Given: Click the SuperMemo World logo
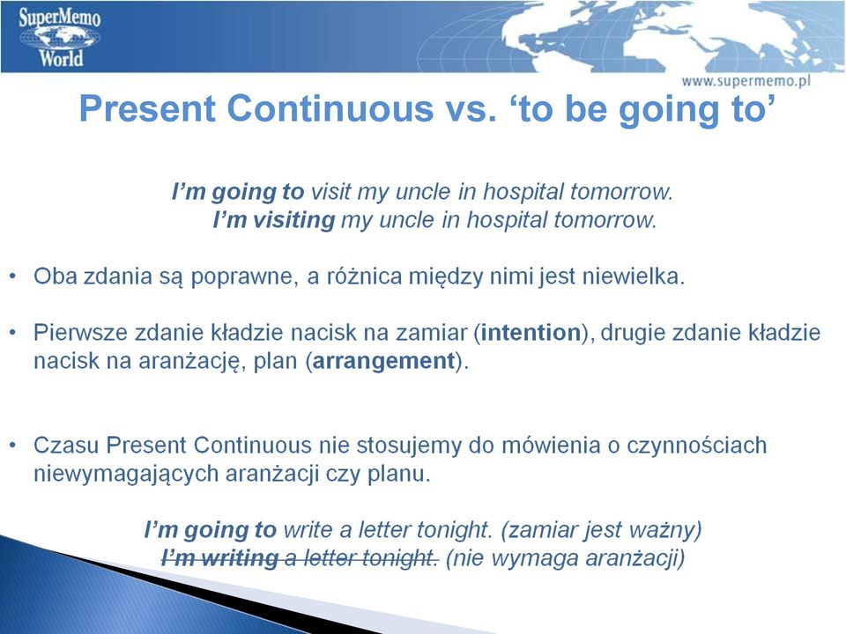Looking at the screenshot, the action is point(59,37).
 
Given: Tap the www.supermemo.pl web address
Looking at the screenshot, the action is point(746,81).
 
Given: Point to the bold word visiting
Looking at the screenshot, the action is point(294,219).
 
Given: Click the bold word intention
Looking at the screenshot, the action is point(531,332).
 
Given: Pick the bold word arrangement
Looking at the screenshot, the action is point(383,361).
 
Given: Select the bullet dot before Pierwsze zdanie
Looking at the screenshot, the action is point(13,333).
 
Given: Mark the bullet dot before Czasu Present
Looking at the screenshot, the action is point(13,446).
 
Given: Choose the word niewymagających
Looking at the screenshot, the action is point(126,474).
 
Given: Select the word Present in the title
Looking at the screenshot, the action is point(148,107).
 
